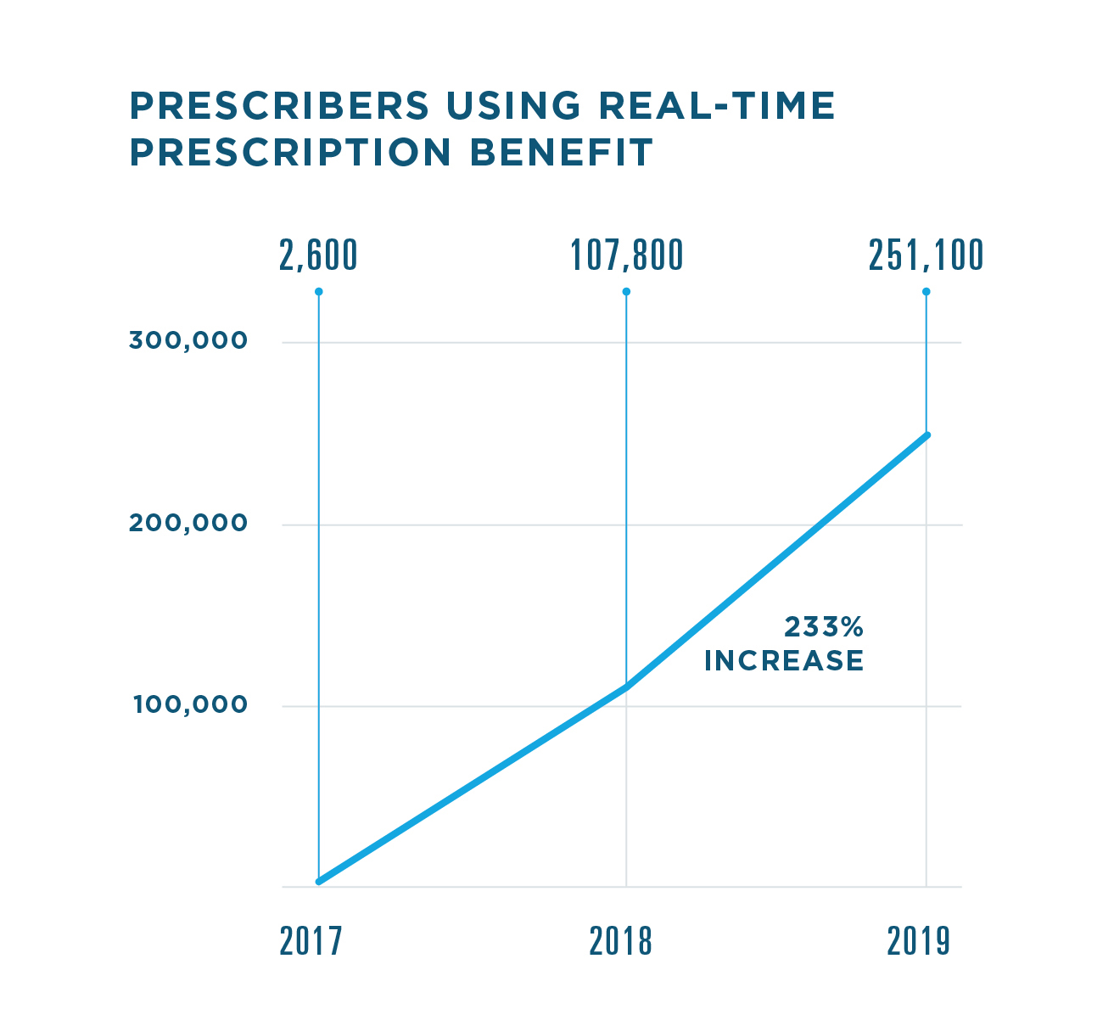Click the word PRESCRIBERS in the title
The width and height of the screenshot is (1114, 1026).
280,106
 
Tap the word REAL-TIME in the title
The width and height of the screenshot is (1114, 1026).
717,106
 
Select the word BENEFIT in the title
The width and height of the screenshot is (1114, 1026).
561,153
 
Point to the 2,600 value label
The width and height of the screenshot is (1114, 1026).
318,255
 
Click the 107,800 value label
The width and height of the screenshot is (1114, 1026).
626,255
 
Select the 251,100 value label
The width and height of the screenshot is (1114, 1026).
926,255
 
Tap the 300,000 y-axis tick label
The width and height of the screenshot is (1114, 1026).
188,341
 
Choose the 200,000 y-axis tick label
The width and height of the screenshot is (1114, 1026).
188,524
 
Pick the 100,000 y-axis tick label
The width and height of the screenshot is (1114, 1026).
190,705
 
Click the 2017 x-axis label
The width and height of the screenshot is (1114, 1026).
311,941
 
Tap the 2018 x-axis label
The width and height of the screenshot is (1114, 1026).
621,941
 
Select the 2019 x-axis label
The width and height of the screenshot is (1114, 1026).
919,941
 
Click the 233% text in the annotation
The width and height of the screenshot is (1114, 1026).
823,627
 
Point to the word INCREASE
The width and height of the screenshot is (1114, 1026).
784,661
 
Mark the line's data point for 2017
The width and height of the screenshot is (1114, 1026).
319,882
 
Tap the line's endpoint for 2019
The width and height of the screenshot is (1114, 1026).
926,435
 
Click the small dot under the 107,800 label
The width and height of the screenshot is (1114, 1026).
626,292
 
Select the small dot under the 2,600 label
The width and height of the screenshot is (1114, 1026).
319,292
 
